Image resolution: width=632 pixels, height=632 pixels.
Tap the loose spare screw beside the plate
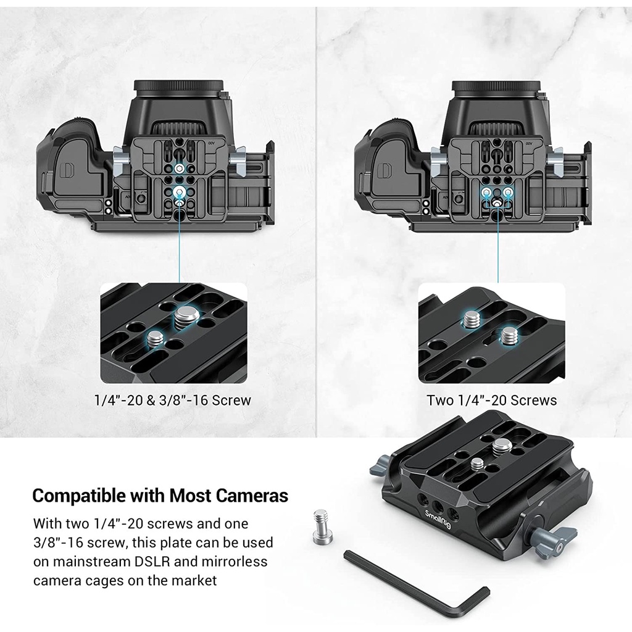pos(323,526)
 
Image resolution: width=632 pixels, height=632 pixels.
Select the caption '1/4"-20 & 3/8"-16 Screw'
pos(173,400)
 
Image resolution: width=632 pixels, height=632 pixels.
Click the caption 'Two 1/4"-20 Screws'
pos(492,400)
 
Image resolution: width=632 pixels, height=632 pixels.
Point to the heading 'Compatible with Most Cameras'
pos(160,496)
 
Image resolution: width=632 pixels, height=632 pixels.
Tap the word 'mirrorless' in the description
pos(235,562)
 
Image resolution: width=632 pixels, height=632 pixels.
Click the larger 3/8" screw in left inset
pos(186,315)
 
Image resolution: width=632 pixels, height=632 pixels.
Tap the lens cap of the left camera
pos(178,86)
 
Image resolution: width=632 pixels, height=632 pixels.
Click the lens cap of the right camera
pos(496,86)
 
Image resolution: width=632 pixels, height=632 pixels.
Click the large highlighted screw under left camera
pos(179,192)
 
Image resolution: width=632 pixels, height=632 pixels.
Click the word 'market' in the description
pos(194,580)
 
